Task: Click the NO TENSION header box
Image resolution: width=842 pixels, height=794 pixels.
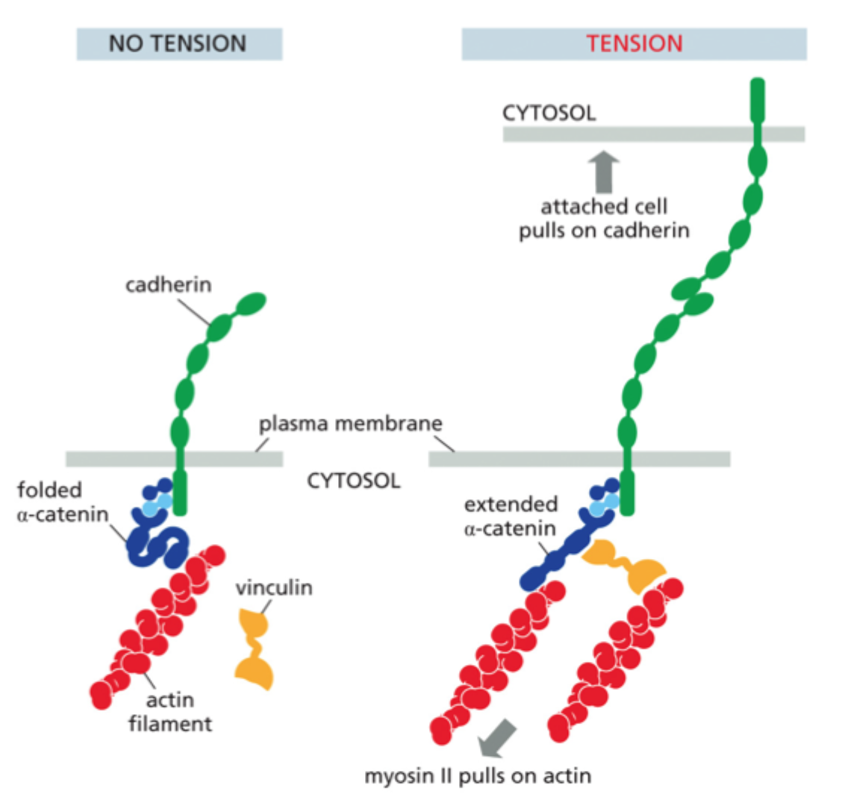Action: pos(179,43)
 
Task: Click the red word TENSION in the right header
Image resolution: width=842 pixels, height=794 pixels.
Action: pos(634,43)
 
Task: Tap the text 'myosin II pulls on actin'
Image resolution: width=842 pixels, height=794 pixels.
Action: pos(478,775)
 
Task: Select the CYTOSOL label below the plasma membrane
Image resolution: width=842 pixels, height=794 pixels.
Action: pos(354,478)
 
